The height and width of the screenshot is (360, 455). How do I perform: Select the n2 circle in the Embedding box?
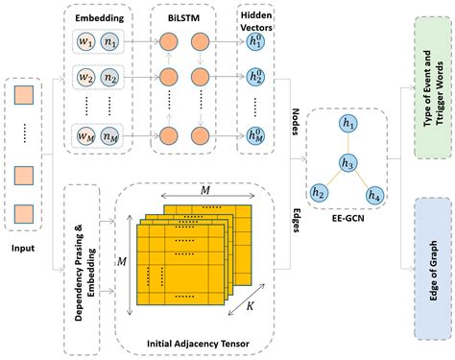[x=112, y=78]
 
